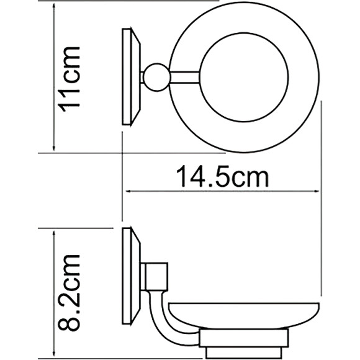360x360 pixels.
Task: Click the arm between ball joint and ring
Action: pos(180,77)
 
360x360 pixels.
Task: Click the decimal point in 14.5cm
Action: pos(210,185)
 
